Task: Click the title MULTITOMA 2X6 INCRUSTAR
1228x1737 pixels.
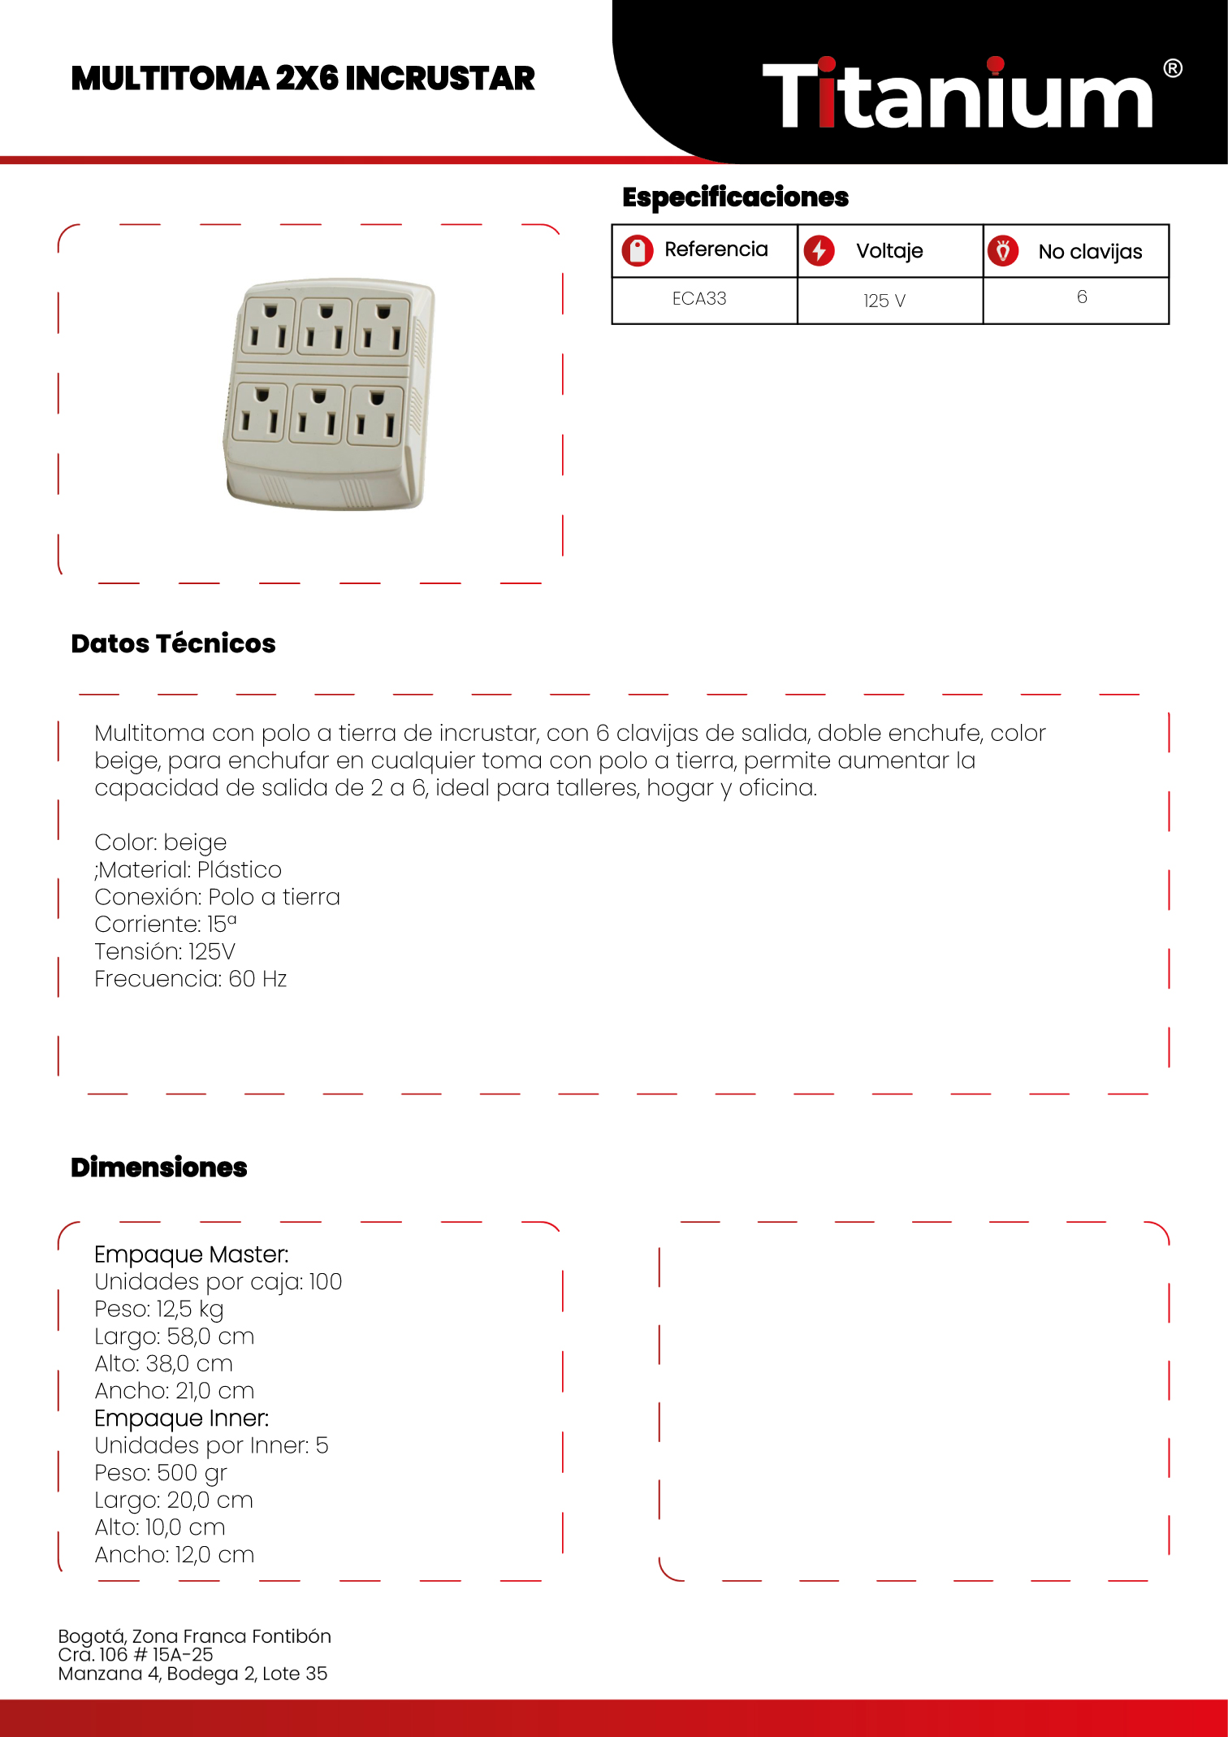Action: point(303,79)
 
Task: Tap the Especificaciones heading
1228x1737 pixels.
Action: point(735,197)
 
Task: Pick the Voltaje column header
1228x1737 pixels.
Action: point(889,251)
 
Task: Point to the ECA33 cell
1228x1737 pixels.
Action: point(699,299)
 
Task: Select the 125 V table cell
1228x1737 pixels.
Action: point(884,301)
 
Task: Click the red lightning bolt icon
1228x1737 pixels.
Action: point(819,250)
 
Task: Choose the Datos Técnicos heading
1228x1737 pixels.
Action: point(173,643)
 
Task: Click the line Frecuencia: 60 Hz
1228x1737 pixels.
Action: point(191,979)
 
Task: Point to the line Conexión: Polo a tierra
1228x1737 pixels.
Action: point(217,897)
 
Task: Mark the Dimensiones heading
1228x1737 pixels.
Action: point(159,1167)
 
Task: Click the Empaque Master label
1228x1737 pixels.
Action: point(192,1254)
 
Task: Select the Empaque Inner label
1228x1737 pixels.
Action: point(182,1419)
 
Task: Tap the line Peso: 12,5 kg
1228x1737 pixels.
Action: point(159,1309)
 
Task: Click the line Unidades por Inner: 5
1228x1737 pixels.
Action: point(211,1445)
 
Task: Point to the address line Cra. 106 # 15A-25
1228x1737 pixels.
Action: point(136,1655)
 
